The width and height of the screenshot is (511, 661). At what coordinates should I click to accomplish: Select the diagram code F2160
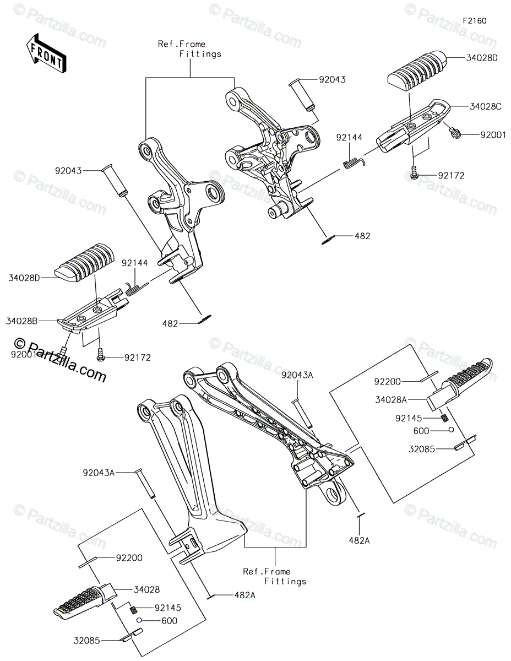tap(474, 20)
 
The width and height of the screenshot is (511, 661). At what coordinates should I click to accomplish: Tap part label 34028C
tap(485, 106)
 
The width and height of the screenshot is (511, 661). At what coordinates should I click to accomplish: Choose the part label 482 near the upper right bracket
tap(362, 236)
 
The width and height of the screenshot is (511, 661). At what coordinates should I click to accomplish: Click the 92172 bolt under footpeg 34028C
tap(415, 175)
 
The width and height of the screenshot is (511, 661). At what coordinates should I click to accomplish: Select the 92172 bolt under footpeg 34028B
tap(101, 357)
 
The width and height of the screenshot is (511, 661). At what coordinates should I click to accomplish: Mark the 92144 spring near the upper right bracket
tap(352, 161)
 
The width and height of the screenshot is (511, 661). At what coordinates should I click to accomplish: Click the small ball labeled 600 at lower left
tap(140, 620)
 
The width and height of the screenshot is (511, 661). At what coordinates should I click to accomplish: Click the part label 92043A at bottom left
tap(99, 473)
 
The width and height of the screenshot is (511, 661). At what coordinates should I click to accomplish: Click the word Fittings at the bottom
tap(285, 581)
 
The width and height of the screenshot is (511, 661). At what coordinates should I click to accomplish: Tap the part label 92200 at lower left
tap(129, 557)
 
